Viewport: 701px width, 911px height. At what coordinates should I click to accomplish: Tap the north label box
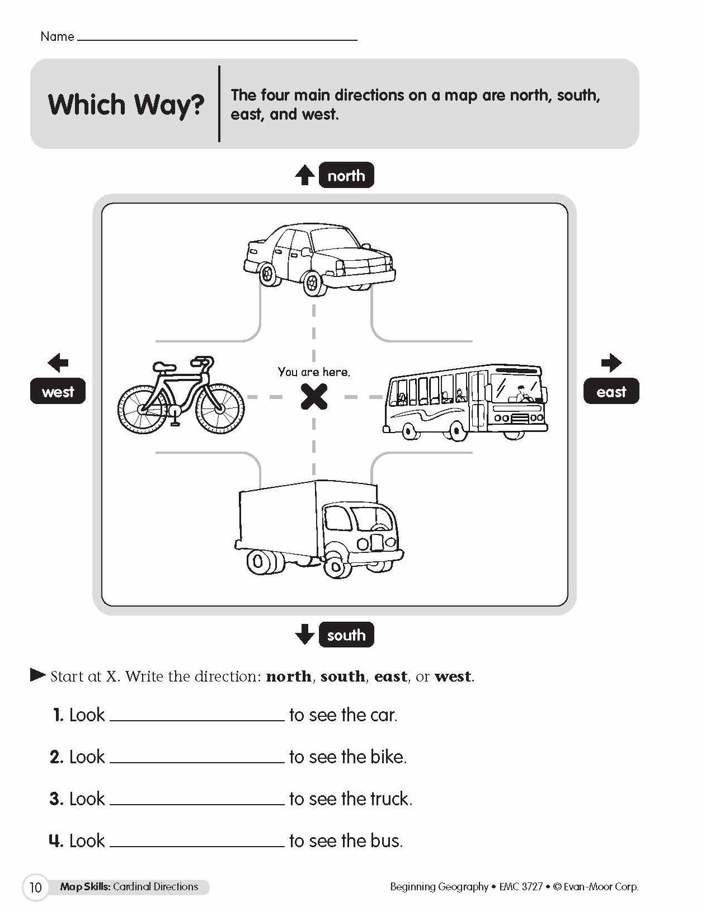click(346, 176)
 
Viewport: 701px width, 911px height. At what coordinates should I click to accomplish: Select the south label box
click(346, 635)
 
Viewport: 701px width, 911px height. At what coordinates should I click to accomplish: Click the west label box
click(58, 392)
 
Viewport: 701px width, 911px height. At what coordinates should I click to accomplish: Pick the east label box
click(611, 392)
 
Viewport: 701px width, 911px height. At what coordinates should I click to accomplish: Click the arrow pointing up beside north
click(304, 175)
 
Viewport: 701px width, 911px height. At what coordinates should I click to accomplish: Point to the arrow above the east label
click(611, 363)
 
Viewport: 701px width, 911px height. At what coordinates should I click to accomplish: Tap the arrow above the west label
click(58, 363)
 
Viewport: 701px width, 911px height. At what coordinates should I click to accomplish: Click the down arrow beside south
click(304, 635)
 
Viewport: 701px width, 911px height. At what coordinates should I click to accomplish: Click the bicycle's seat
click(164, 367)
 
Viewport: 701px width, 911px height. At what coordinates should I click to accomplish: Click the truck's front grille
click(378, 542)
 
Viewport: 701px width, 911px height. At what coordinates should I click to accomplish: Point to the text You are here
click(314, 372)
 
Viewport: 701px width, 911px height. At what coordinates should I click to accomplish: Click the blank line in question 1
click(197, 716)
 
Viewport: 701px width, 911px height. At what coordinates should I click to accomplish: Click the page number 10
click(35, 887)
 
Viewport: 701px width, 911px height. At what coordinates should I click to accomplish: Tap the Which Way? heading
click(126, 105)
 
